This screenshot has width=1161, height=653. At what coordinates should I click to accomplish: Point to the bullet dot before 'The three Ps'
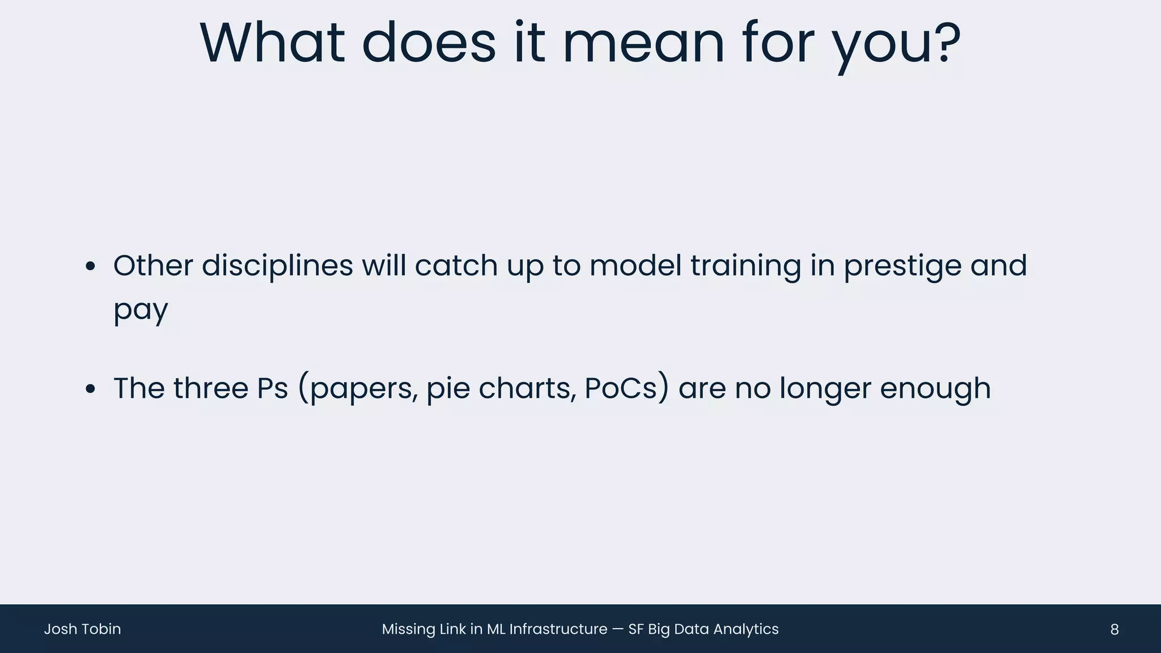tap(90, 389)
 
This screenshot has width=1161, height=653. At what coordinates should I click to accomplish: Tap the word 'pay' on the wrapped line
tap(141, 311)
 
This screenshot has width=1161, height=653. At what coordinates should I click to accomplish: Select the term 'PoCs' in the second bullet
tap(620, 388)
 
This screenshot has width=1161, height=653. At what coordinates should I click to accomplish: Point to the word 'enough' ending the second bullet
tap(935, 389)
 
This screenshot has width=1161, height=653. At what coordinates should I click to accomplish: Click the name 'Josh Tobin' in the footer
tap(82, 629)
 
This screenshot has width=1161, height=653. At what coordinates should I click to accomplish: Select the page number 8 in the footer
tap(1114, 629)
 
